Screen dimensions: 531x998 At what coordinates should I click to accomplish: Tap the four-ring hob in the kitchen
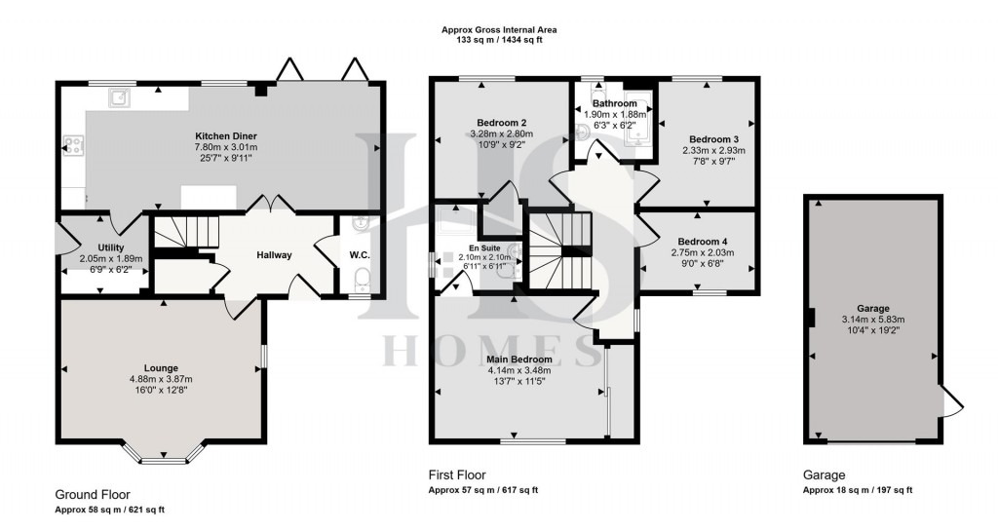[x=72, y=146]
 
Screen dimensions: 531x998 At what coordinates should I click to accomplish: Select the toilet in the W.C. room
[x=361, y=283]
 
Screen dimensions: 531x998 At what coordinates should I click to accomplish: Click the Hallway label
[x=274, y=255]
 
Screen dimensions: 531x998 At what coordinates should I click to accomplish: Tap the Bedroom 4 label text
[x=703, y=242]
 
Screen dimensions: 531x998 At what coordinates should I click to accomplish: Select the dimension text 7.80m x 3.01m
[x=226, y=148]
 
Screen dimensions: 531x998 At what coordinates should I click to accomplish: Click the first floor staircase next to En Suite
[x=561, y=248]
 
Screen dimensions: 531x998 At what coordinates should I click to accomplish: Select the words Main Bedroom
[x=519, y=360]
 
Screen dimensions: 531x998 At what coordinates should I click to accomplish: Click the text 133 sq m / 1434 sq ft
[x=498, y=41]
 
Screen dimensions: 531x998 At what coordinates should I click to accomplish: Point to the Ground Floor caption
[x=92, y=495]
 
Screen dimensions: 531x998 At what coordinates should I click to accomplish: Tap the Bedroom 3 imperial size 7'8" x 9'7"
[x=713, y=162]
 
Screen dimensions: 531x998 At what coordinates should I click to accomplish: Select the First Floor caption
[x=457, y=474]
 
